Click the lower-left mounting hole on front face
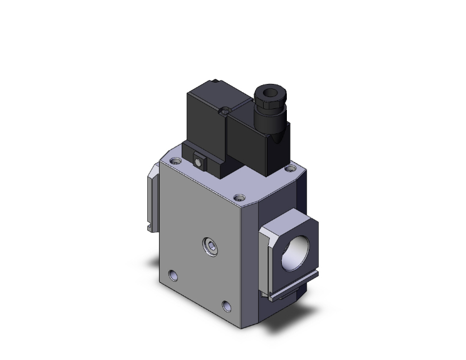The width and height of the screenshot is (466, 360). pos(172,274)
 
